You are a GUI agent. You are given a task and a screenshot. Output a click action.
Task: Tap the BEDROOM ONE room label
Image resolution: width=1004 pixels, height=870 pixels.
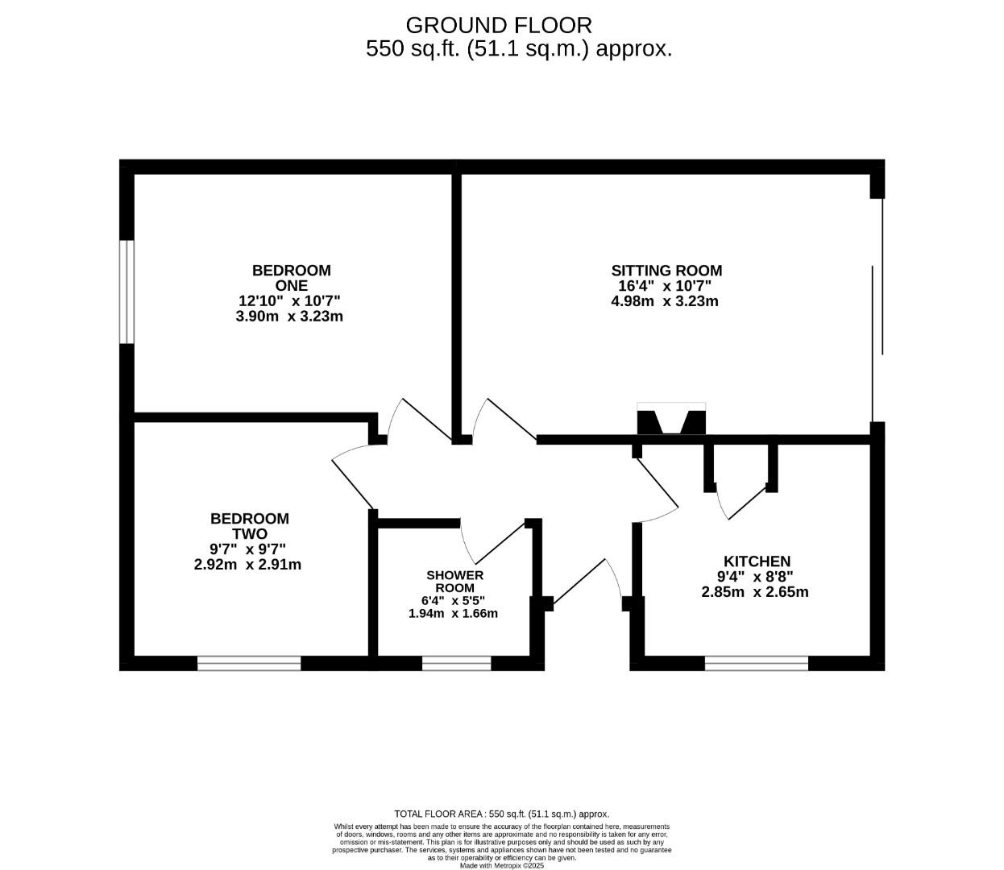[291, 278]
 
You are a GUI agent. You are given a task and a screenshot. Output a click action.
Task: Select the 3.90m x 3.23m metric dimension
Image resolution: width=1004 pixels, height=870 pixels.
[289, 317]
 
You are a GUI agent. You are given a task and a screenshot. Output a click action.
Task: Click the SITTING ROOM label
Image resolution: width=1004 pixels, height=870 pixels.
[666, 271]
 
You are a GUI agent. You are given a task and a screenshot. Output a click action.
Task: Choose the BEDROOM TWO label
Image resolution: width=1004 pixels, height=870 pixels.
[249, 526]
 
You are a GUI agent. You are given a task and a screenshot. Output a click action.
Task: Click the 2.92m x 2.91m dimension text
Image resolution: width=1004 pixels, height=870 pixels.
[247, 565]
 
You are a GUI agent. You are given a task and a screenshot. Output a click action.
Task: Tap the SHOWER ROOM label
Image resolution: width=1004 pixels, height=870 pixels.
[454, 582]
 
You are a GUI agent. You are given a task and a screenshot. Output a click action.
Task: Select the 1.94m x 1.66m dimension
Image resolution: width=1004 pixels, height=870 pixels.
[453, 613]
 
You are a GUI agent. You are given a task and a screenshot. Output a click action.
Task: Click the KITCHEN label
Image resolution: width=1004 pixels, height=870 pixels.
[757, 561]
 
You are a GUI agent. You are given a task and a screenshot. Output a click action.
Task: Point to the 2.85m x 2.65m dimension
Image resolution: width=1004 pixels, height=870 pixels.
[755, 592]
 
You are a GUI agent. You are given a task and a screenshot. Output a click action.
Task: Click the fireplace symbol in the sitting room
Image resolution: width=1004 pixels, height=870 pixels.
[671, 420]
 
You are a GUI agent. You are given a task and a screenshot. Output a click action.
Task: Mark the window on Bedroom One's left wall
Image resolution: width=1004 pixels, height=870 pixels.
[127, 292]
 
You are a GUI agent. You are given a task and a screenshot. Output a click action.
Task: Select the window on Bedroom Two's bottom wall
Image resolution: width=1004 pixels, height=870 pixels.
[249, 663]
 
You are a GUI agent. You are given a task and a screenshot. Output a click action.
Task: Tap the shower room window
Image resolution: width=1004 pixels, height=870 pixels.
[456, 663]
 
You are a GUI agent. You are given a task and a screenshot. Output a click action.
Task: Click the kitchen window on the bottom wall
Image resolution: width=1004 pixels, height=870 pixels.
[756, 663]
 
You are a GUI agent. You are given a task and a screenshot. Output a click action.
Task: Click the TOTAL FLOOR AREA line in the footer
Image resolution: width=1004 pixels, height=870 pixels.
[501, 814]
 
